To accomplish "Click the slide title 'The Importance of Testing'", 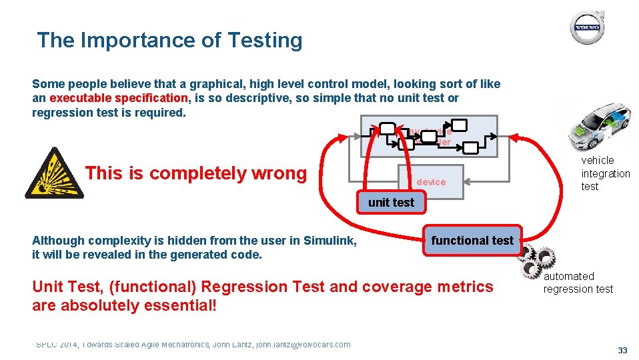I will pos(169,41).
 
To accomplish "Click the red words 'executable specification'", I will pos(119,98).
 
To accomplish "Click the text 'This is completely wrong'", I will pos(195,173).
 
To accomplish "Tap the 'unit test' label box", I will pos(391,202).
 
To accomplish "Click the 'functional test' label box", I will pos(472,240).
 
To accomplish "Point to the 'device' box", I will pos(431,182).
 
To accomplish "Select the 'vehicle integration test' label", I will pos(605,173).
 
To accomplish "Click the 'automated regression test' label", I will pos(578,283).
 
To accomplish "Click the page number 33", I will pos(623,350).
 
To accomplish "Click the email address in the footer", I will pos(303,344).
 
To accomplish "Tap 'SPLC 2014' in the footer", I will pos(56,344).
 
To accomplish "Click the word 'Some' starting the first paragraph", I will pos(46,84).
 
